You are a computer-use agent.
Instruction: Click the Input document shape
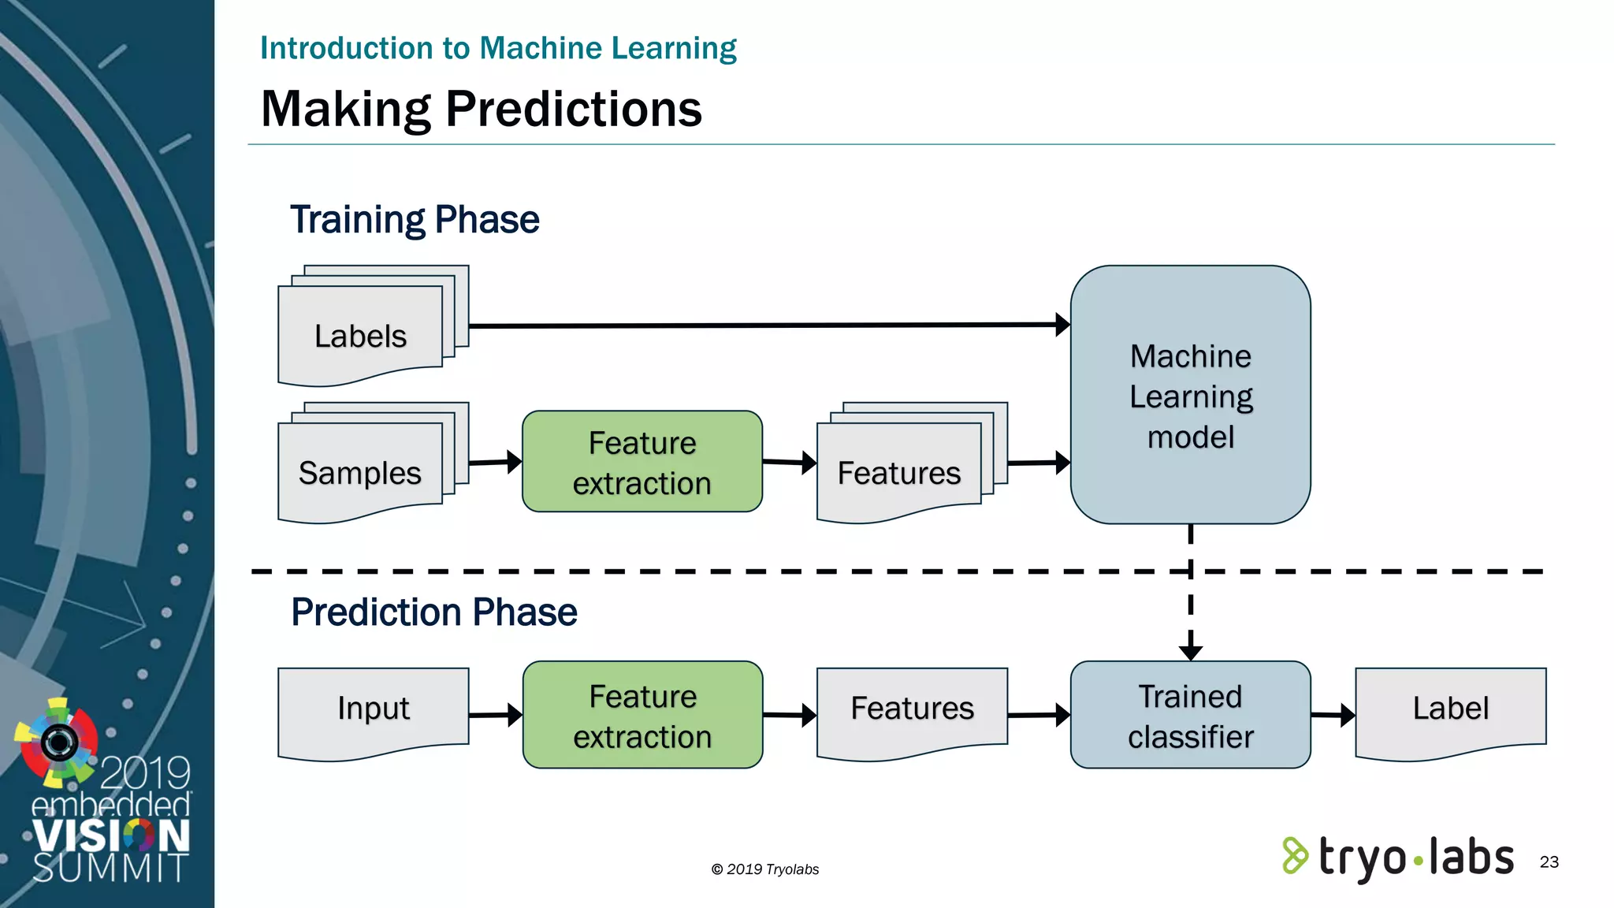click(373, 709)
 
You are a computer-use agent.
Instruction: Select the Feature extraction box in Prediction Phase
click(642, 716)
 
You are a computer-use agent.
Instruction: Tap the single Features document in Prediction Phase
click(912, 709)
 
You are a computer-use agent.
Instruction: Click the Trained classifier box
click(1190, 716)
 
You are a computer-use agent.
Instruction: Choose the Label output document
click(1450, 709)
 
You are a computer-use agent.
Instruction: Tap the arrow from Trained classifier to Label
click(1332, 715)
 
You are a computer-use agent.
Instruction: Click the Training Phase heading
click(415, 220)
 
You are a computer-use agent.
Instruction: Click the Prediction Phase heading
click(433, 612)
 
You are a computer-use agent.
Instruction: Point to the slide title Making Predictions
click(481, 109)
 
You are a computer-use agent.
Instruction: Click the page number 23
click(1549, 862)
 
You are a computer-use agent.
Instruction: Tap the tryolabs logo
click(1398, 858)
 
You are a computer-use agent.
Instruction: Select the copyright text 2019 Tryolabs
click(764, 869)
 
